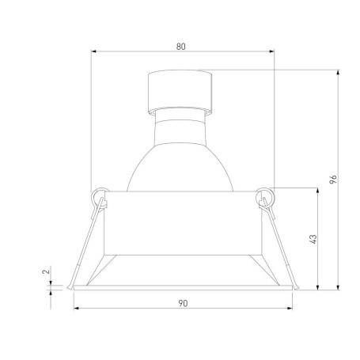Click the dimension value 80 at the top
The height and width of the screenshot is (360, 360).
pyautogui.click(x=182, y=47)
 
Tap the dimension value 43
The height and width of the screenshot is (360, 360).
pyautogui.click(x=313, y=238)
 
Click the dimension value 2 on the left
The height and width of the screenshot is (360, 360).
pyautogui.click(x=46, y=271)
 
